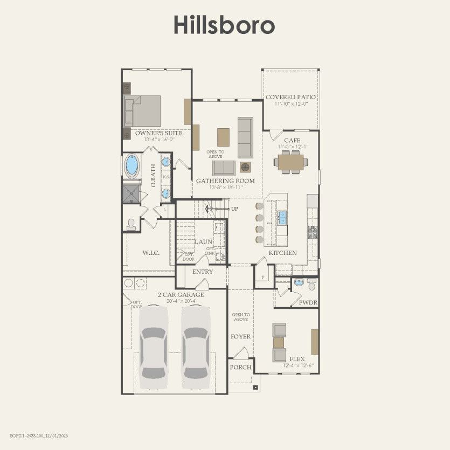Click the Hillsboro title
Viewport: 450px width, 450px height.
[224, 25]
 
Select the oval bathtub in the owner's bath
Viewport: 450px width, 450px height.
[131, 165]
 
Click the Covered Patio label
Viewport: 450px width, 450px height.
[290, 98]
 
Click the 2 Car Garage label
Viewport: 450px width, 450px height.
[181, 295]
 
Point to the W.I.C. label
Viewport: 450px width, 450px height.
[150, 252]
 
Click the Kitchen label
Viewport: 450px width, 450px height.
[283, 253]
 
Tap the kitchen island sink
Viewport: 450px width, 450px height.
[282, 217]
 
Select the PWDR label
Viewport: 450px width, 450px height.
[307, 303]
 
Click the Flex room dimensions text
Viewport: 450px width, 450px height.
[298, 365]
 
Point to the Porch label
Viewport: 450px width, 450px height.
[240, 367]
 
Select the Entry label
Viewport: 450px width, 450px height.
[203, 272]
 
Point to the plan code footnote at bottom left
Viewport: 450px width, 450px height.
[39, 435]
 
